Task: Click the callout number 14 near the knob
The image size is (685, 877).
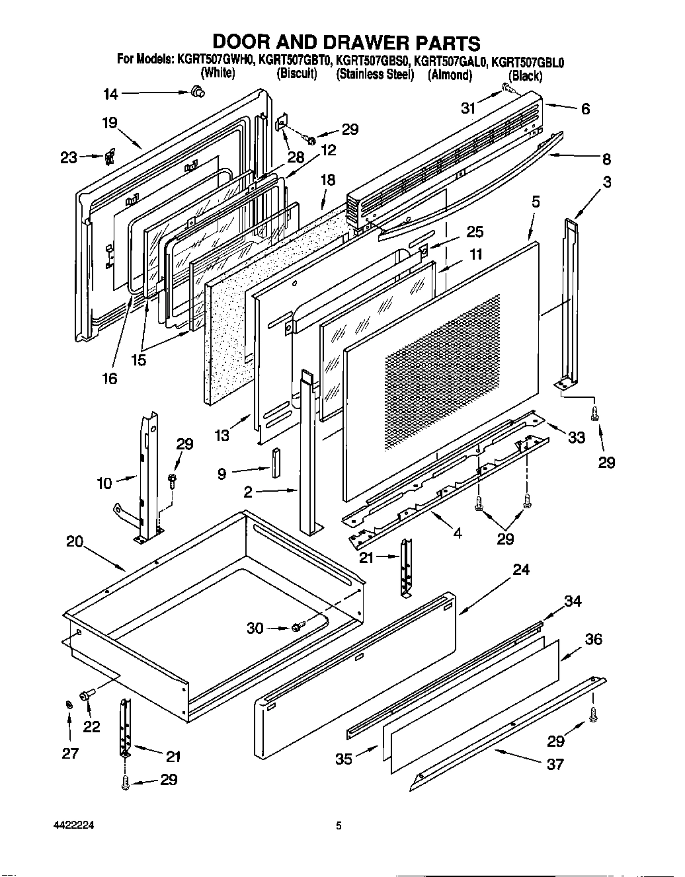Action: pyautogui.click(x=110, y=95)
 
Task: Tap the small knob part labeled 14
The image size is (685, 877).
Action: pyautogui.click(x=197, y=93)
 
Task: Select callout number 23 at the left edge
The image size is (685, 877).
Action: pyautogui.click(x=68, y=157)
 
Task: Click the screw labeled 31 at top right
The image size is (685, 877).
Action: pyautogui.click(x=508, y=87)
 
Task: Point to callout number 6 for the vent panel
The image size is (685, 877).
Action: pyautogui.click(x=585, y=109)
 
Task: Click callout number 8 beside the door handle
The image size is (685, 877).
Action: pyautogui.click(x=606, y=159)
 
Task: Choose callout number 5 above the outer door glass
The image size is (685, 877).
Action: pyautogui.click(x=536, y=202)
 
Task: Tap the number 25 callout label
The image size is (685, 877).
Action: pyautogui.click(x=475, y=232)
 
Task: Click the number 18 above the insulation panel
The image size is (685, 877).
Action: pyautogui.click(x=327, y=180)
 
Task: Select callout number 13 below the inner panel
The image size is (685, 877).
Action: pyautogui.click(x=222, y=435)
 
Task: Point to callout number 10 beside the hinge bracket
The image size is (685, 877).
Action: pyautogui.click(x=104, y=484)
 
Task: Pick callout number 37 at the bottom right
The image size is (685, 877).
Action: pyautogui.click(x=555, y=764)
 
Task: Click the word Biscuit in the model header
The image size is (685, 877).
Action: pyautogui.click(x=297, y=74)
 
